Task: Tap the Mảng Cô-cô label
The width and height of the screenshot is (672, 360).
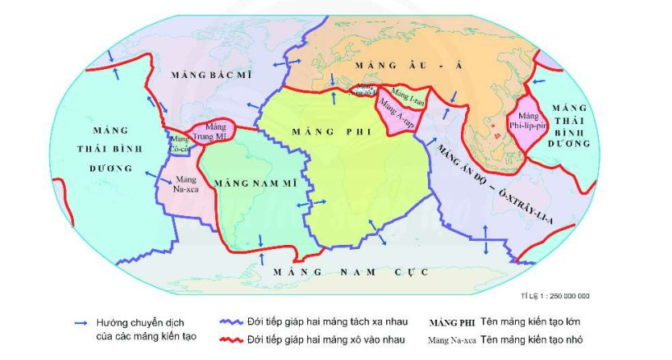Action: (179, 145)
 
